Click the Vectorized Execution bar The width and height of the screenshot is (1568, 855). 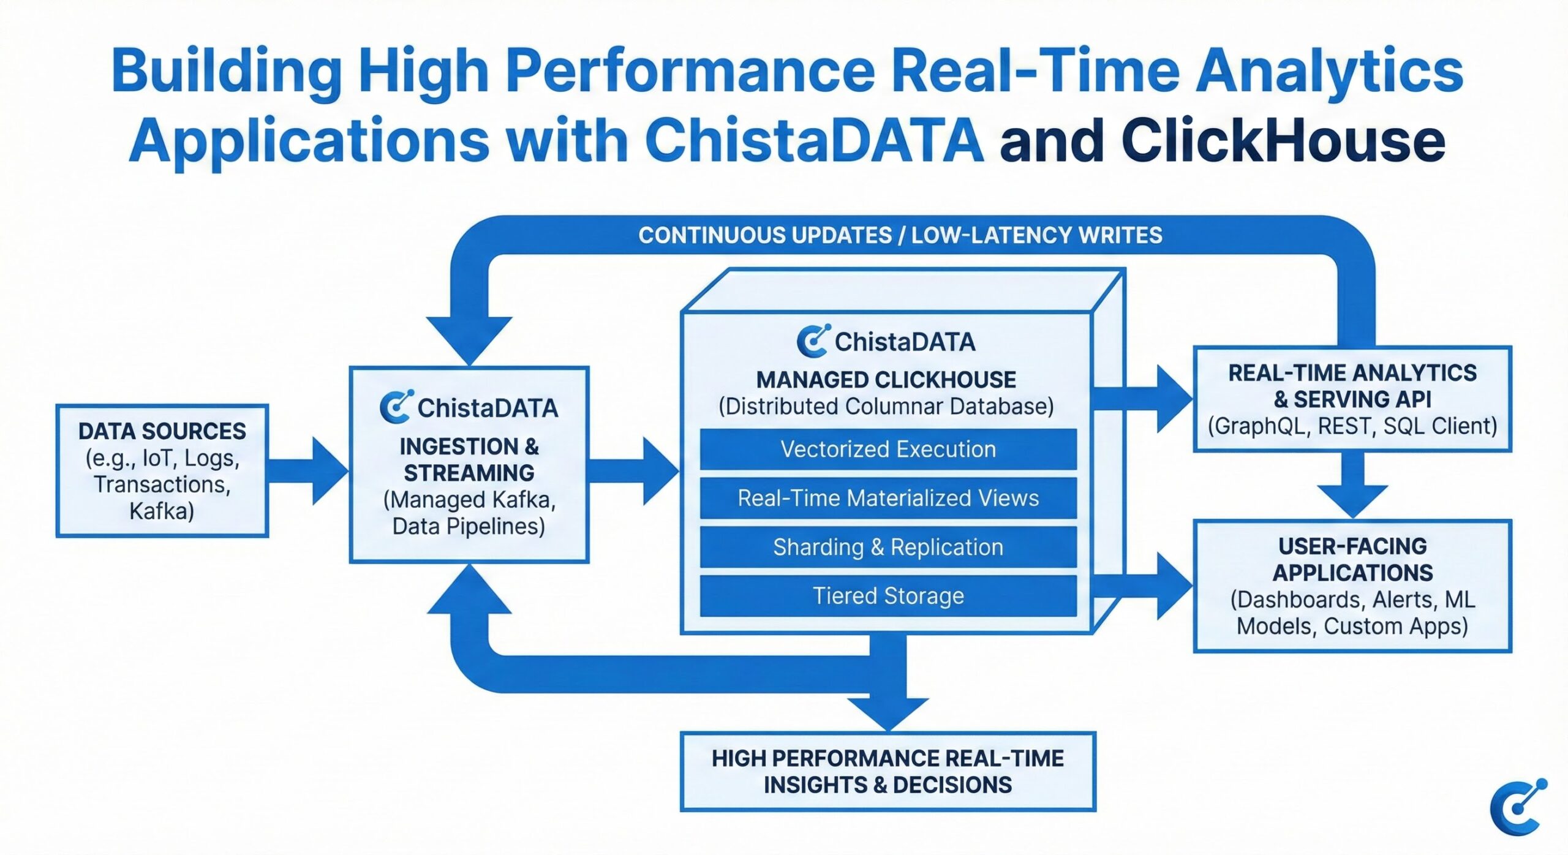point(888,449)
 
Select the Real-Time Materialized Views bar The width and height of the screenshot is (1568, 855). point(888,498)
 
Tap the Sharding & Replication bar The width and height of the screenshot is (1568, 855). point(888,547)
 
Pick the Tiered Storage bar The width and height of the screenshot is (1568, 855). point(888,595)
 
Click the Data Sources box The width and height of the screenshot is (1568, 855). point(162,470)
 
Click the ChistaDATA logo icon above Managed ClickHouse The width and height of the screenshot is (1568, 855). point(813,341)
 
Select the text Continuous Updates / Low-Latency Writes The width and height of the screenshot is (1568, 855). point(900,235)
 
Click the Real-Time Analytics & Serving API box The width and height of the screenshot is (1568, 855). point(1352,399)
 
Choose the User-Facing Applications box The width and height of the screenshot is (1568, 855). point(1352,586)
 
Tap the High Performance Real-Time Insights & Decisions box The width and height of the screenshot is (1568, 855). point(888,771)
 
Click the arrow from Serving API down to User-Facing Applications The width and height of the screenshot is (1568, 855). point(1352,487)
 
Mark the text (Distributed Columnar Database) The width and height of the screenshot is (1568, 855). point(886,406)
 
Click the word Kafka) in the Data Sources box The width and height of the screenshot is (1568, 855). point(162,511)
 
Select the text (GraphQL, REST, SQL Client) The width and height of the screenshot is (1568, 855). point(1352,426)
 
